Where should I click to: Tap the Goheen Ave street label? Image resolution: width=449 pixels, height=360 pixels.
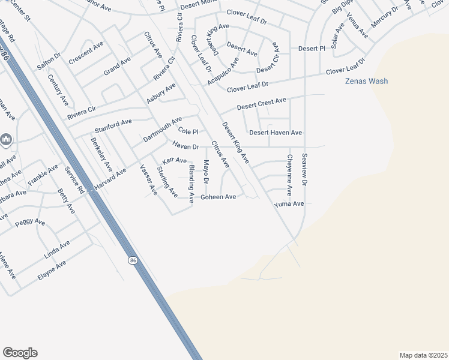[218, 197]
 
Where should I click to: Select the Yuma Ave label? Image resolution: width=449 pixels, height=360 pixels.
[289, 204]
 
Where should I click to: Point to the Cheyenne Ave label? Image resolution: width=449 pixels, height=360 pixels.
[289, 175]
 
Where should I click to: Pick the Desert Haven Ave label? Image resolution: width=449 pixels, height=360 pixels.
[276, 132]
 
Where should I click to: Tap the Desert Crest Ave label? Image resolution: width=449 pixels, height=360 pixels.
[261, 103]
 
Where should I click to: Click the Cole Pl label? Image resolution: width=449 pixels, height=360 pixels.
[188, 131]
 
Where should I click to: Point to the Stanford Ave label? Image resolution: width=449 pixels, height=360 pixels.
[113, 126]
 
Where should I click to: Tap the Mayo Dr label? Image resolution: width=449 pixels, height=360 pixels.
[205, 172]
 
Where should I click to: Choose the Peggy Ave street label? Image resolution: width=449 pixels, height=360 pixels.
[30, 222]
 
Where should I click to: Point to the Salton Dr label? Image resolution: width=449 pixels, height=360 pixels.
[49, 55]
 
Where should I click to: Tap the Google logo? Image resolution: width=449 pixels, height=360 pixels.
[20, 353]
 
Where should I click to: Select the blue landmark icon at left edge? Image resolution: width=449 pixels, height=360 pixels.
[6, 140]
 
